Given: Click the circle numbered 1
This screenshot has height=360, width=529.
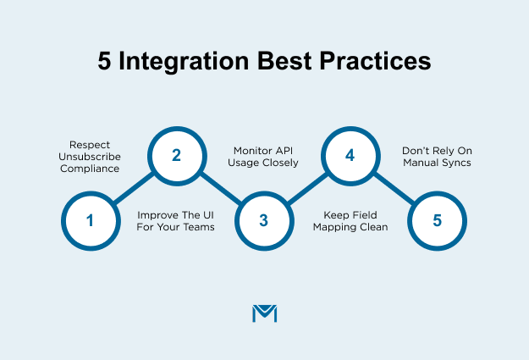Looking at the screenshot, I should pos(90,221).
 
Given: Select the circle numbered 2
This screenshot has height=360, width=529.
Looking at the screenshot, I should pos(176,156).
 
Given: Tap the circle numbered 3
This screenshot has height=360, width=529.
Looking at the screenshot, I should pos(263,221).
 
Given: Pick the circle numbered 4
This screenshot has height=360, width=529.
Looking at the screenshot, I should pos(350,156).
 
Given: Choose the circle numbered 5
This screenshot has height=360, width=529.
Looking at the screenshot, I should pos(437,221).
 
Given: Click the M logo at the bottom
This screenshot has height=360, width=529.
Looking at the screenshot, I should pos(264,313).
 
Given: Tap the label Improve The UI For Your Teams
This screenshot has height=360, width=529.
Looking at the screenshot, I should pos(175,221).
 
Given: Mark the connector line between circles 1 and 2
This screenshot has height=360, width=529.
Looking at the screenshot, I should pos(133,189).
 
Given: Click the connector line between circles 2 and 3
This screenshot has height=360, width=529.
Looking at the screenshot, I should pos(220,189).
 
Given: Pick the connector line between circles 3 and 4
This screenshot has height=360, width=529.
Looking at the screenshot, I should pos(306,189).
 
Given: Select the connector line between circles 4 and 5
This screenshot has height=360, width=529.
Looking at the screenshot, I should pos(394,189).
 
